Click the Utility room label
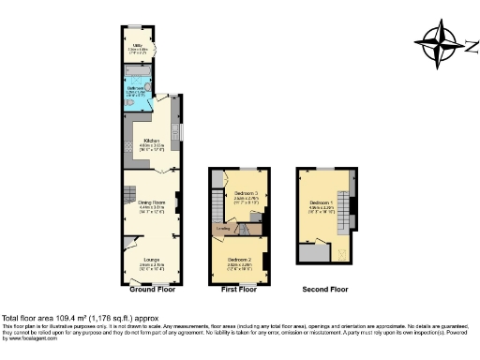click(x=138, y=45)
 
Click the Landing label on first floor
click(x=224, y=227)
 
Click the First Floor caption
click(x=238, y=291)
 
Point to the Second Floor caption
click(x=326, y=291)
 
